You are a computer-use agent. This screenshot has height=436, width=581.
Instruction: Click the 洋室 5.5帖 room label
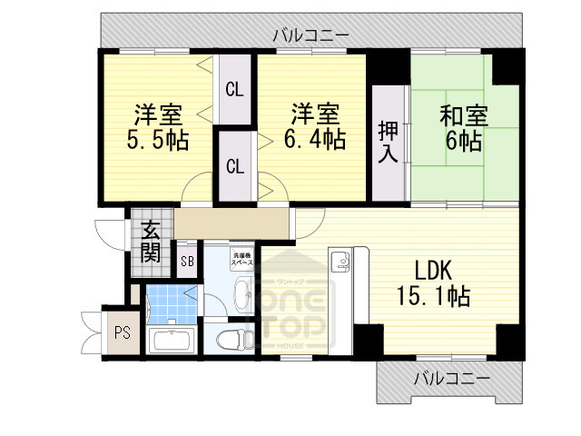click(x=159, y=127)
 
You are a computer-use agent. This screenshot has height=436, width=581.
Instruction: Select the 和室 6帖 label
click(x=463, y=128)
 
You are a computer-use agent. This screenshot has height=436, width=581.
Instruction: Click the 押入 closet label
click(x=388, y=142)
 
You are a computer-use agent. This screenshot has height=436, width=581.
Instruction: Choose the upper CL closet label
click(x=234, y=90)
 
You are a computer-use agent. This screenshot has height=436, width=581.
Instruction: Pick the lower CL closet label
click(x=234, y=167)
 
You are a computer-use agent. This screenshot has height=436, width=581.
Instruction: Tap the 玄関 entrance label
click(x=150, y=241)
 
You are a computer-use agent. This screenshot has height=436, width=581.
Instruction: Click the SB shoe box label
click(x=188, y=263)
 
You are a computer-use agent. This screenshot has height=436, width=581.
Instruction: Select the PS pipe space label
click(x=122, y=332)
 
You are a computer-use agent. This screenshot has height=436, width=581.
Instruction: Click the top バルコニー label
click(x=310, y=35)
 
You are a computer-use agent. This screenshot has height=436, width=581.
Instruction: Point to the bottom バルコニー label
click(x=451, y=379)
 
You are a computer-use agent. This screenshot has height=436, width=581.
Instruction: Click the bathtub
click(x=170, y=342)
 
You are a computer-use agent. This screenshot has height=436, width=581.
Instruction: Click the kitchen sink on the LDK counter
click(x=343, y=263)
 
